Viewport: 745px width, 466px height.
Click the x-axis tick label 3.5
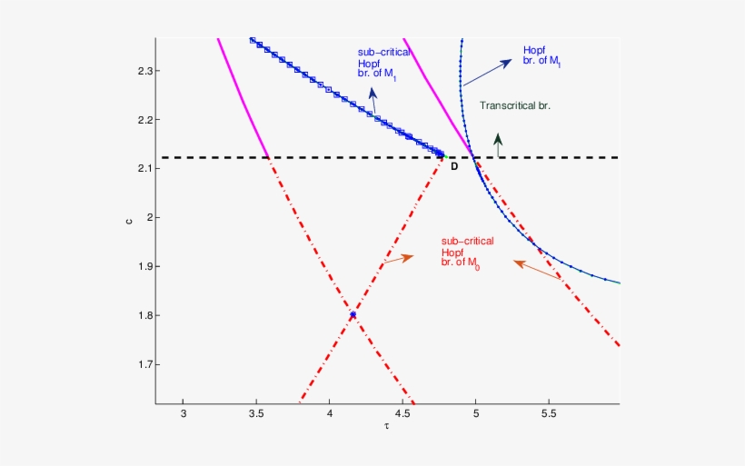coord(256,414)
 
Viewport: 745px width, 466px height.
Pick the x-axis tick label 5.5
coord(549,414)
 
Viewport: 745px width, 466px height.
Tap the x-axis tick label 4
coord(330,414)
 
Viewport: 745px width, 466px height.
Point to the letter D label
coord(454,166)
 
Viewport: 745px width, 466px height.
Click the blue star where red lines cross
coord(353,314)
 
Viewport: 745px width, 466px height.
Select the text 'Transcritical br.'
coord(515,106)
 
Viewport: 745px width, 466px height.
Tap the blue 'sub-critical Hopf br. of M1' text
coord(375,64)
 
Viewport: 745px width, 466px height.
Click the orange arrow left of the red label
coord(398,260)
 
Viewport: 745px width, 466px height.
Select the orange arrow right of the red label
coord(537,270)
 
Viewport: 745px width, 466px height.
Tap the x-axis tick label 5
coord(476,414)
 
